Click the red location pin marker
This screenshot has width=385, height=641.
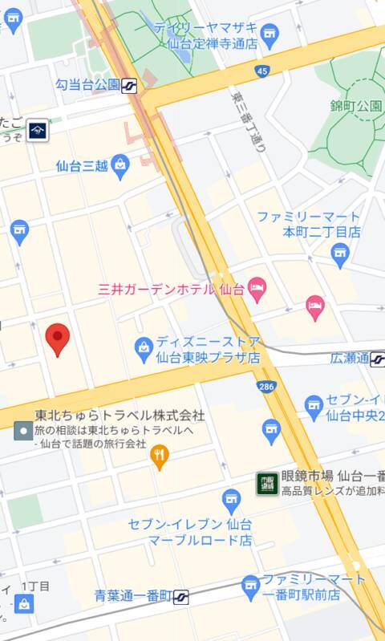coord(57,339)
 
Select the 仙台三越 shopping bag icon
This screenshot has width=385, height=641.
coord(120,167)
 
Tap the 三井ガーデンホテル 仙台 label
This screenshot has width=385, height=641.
coord(170,289)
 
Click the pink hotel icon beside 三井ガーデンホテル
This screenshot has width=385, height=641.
coord(257,290)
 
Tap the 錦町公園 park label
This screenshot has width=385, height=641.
coord(356,106)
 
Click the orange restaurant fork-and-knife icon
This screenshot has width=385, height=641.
coord(160,458)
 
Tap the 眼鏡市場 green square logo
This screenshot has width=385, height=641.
coord(266,482)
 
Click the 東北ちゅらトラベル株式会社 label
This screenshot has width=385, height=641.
coord(120,416)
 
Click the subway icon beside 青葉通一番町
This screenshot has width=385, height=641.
coord(182,596)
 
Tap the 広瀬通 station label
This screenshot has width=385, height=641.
coord(350,359)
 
